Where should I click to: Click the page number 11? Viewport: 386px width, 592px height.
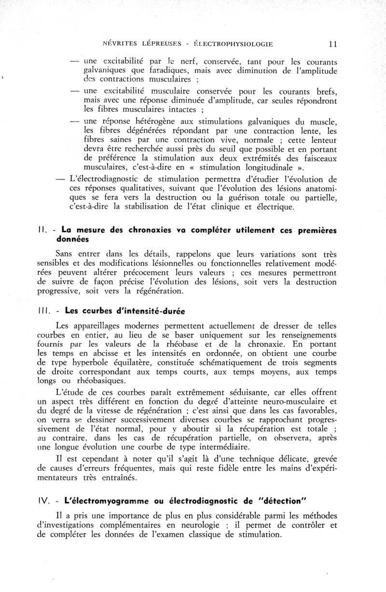pos(332,44)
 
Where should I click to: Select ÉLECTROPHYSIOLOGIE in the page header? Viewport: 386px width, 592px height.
pos(233,44)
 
